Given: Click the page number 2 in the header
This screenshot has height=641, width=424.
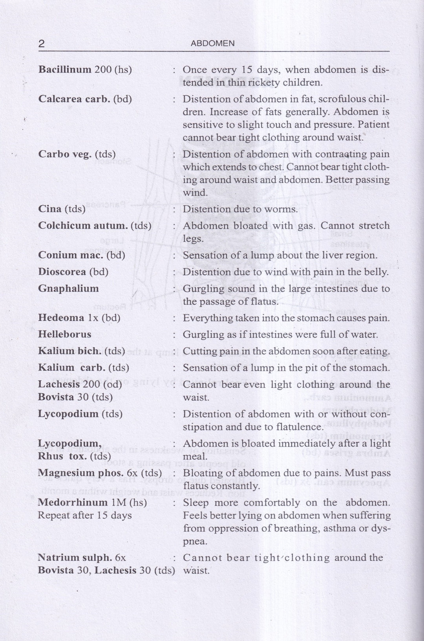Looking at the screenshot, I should [x=41, y=44].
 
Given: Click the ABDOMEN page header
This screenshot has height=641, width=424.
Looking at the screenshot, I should [x=212, y=44].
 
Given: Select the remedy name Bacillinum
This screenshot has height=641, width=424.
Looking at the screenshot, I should [x=65, y=70].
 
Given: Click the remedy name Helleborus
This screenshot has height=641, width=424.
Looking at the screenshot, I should [x=64, y=335].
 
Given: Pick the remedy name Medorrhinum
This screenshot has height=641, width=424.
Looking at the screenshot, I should [x=73, y=503].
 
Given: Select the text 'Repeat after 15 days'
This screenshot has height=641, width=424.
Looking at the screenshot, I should [x=84, y=515].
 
